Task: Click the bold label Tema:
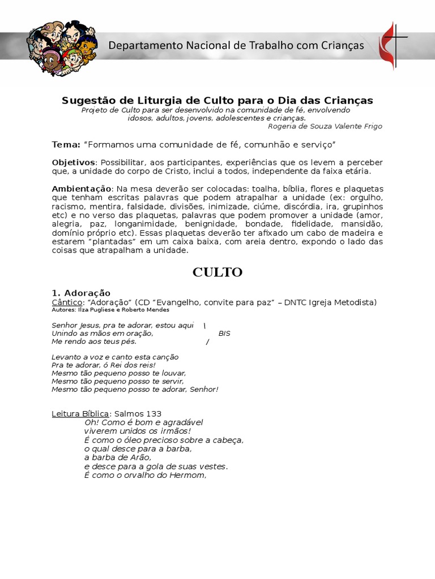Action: pyautogui.click(x=66, y=144)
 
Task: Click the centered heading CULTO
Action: pyautogui.click(x=217, y=272)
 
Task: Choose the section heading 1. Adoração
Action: pyautogui.click(x=81, y=293)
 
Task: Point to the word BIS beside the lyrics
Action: pyautogui.click(x=224, y=333)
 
